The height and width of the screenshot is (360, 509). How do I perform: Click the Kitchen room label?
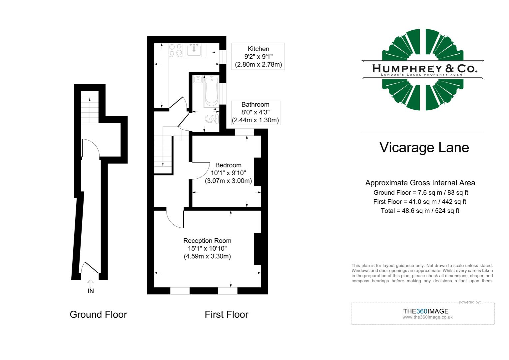(x=258, y=49)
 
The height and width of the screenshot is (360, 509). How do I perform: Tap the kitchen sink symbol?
(x=194, y=50)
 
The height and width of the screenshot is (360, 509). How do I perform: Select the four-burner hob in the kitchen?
(x=176, y=50)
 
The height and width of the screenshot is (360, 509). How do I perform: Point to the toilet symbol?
(x=211, y=118)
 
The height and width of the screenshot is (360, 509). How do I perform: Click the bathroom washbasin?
(x=198, y=79)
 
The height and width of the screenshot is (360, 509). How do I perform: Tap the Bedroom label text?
(x=228, y=165)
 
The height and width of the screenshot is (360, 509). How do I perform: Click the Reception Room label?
(x=207, y=241)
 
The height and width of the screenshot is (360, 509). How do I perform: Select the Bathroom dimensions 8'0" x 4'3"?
(x=255, y=112)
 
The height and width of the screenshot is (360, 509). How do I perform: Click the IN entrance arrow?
(x=90, y=284)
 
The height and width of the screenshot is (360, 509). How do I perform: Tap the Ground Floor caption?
(x=98, y=314)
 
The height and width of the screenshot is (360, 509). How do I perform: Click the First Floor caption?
(x=227, y=314)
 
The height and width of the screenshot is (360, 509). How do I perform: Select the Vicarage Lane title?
(x=424, y=148)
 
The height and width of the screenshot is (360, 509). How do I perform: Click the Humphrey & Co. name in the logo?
(x=424, y=69)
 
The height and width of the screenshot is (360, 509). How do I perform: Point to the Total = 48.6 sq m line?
(x=420, y=211)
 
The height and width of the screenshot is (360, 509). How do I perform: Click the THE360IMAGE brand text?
(x=426, y=311)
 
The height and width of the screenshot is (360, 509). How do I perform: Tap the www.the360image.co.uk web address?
(x=427, y=317)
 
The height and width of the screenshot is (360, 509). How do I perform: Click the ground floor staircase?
(x=90, y=107)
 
